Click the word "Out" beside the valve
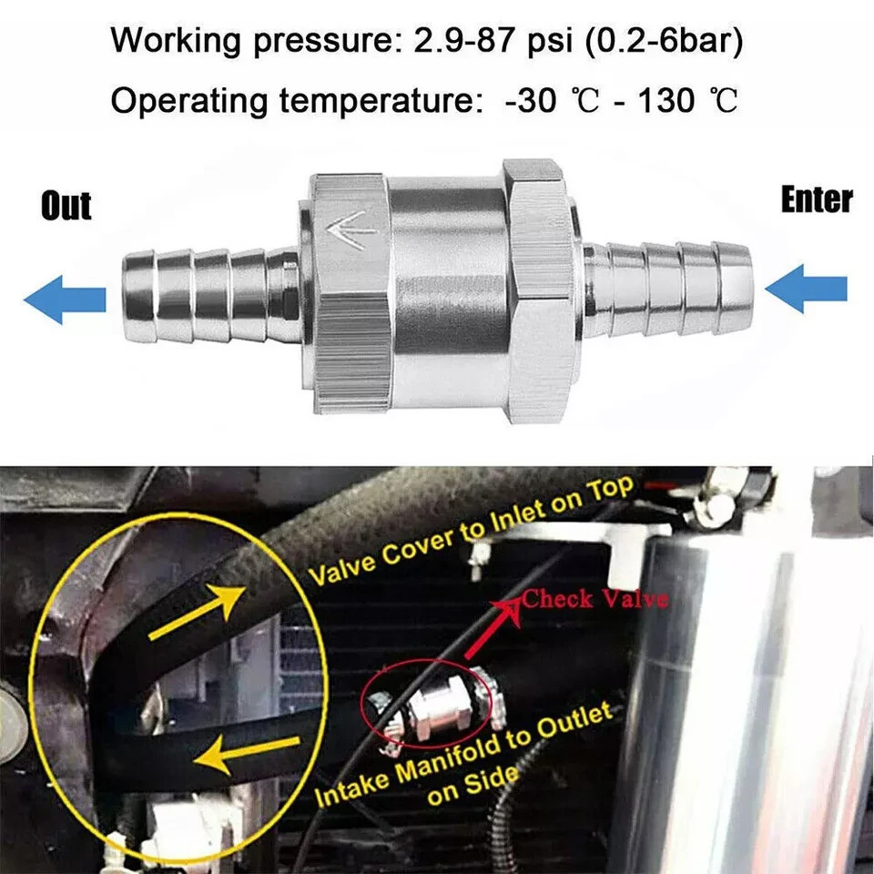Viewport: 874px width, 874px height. click(66, 206)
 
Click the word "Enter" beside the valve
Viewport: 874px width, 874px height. click(817, 199)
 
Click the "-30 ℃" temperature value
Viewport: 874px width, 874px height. click(539, 100)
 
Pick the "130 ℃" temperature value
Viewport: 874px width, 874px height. click(677, 100)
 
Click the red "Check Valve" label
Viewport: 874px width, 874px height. click(595, 599)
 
